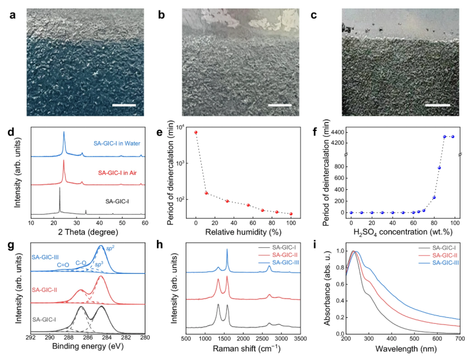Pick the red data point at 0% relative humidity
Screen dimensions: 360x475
click(x=196, y=132)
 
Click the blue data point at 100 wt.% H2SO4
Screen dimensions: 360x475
click(x=453, y=137)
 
